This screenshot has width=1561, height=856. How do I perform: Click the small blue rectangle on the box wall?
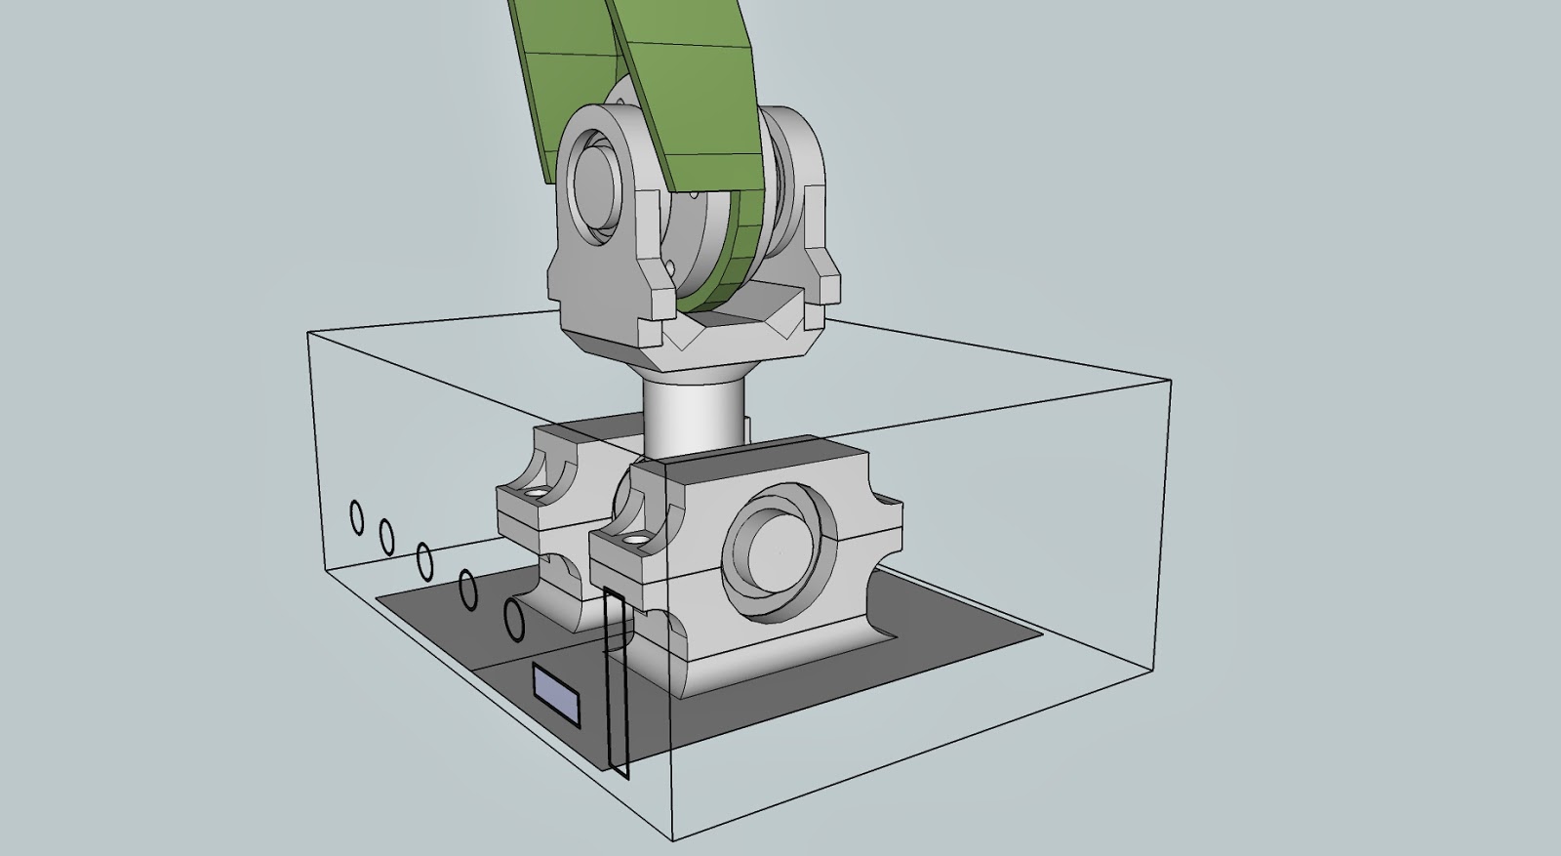point(556,694)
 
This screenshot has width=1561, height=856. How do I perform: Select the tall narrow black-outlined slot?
point(616,683)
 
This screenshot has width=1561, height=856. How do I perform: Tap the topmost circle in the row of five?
point(356,516)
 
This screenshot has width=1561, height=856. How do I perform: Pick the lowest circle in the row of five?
point(514,620)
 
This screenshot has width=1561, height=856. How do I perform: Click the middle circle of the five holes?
point(424,559)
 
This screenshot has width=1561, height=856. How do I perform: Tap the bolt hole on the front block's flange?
point(635,538)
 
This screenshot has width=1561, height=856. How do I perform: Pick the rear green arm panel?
point(561,78)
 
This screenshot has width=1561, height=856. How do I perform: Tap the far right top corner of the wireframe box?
point(1170,379)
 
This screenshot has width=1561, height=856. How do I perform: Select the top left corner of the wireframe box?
point(308,333)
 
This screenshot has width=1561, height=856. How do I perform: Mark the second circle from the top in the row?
point(386,536)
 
